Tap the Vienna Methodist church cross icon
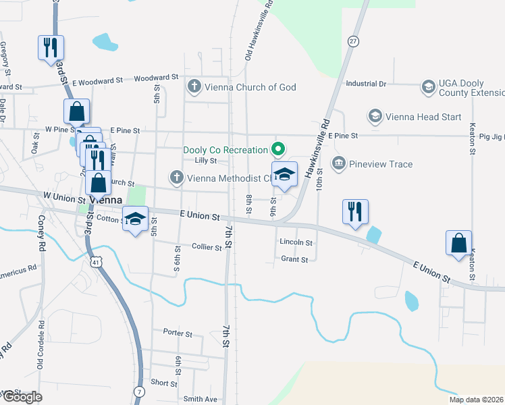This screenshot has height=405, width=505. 176,178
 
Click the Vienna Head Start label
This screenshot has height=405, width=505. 423,117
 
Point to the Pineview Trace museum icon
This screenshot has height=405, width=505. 338,164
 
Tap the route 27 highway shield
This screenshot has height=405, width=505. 352,41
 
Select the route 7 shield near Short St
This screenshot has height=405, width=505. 139,391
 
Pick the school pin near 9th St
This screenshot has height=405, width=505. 284,175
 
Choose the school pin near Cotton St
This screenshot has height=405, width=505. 135,219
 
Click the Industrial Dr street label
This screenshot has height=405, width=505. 365,84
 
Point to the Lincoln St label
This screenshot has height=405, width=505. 296,242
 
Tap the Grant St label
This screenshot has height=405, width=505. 294,259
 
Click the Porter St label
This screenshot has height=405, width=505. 178,333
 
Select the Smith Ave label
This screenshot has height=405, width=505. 201,399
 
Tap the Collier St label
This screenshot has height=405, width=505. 207,248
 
